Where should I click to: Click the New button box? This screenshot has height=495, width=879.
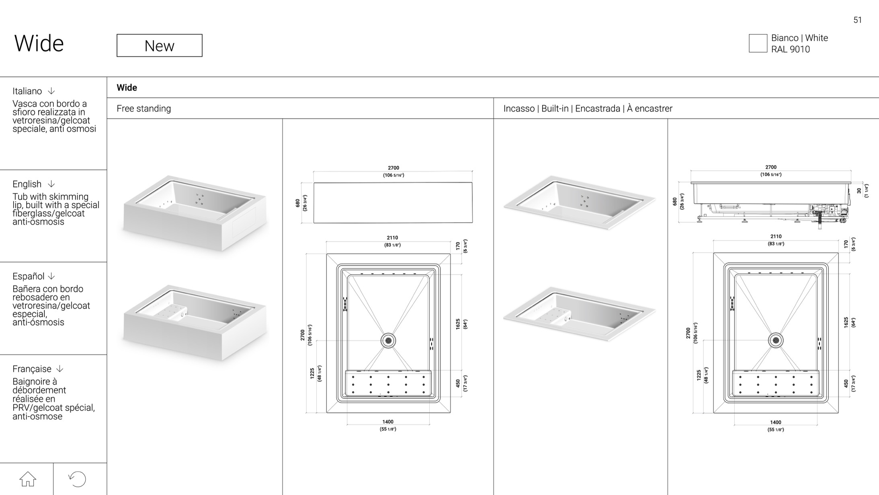[160, 45]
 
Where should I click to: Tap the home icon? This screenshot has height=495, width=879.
[28, 479]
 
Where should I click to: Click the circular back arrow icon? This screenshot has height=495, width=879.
[77, 479]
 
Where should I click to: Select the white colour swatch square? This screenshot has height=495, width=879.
[758, 43]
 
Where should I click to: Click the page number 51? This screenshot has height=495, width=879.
[858, 20]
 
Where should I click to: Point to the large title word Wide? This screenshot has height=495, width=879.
[39, 43]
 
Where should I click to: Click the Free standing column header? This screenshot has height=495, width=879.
[144, 109]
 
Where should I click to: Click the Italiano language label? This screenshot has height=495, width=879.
[27, 91]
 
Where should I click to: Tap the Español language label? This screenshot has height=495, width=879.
[29, 276]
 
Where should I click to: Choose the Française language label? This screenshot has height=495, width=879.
[32, 369]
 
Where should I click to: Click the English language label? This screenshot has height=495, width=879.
[27, 184]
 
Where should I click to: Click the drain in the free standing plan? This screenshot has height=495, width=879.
[388, 340]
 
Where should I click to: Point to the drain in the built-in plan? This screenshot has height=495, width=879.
[776, 340]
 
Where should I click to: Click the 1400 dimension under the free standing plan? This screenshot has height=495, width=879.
[388, 422]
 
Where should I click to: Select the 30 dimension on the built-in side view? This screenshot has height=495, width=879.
[859, 191]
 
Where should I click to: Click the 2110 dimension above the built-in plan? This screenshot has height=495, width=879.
[776, 236]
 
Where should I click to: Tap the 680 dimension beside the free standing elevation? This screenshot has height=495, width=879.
[297, 203]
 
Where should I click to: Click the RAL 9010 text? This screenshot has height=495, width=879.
[790, 49]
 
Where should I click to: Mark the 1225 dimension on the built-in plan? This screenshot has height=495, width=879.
[699, 375]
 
